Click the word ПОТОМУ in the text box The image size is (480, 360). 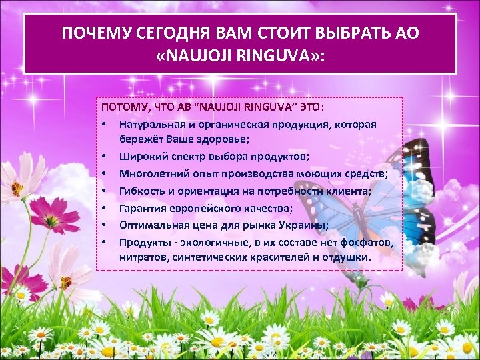pos(120,107)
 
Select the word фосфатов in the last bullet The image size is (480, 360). pos(365,241)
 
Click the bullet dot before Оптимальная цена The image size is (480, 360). pos(105,224)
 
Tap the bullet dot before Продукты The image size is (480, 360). pos(105,241)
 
